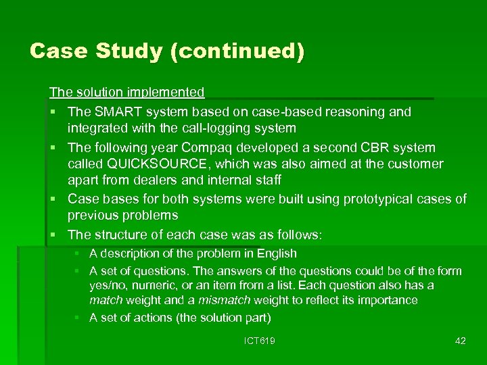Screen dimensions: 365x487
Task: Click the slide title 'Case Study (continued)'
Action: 167,51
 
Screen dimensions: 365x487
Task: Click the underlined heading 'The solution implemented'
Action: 126,91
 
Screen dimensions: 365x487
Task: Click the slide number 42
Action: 460,341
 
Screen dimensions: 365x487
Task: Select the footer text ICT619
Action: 260,341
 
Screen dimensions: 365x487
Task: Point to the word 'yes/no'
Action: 106,285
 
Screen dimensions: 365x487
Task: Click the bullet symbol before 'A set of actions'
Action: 78,318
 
